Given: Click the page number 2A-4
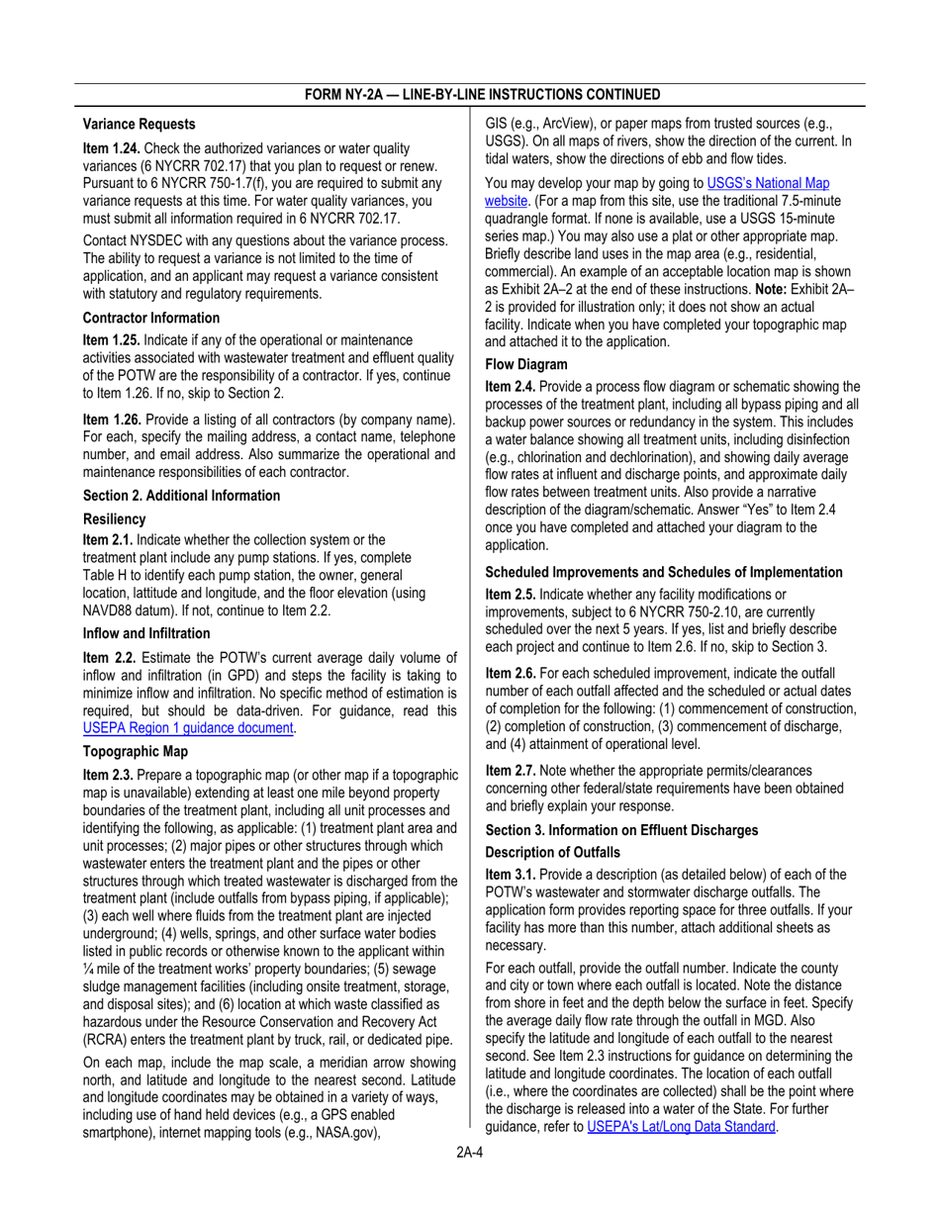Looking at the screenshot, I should (x=469, y=1154).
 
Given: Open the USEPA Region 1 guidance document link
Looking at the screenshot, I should (x=189, y=728).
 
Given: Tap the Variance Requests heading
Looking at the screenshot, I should (x=140, y=125).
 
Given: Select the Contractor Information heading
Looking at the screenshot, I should (x=151, y=318).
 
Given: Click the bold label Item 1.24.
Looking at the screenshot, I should (x=112, y=147).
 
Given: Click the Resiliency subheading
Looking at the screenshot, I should (x=115, y=518).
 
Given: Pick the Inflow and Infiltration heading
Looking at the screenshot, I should (x=146, y=633).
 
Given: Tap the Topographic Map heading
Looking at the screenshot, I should (x=135, y=751).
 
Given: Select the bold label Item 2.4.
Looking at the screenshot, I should (x=511, y=387).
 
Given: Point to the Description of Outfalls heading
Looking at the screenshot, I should (x=553, y=852).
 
